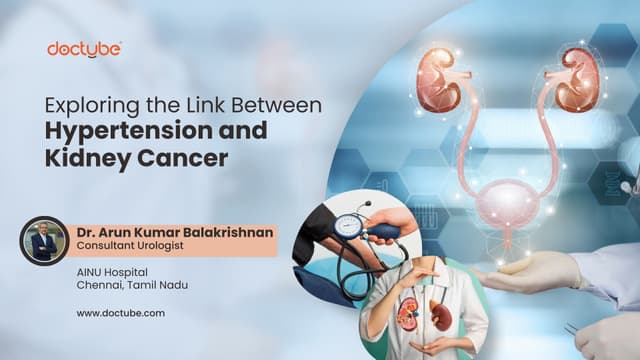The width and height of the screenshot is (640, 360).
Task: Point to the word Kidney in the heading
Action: click(109, 158)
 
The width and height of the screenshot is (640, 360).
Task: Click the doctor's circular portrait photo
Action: click(44, 240)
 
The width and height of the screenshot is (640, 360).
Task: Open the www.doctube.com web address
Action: click(120, 313)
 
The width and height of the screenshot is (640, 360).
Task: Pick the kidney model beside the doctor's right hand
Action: click(406, 314)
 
